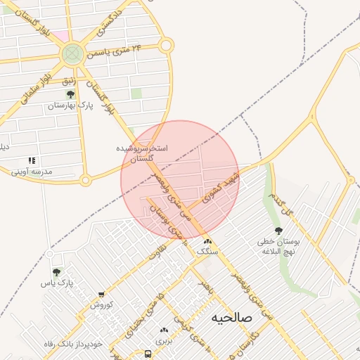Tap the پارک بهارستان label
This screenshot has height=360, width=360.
(x=70, y=106)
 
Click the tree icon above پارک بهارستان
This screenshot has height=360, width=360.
(x=70, y=94)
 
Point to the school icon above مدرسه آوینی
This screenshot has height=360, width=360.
(x=31, y=160)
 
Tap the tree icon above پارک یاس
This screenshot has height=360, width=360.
(x=56, y=271)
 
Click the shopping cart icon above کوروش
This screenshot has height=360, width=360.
(x=101, y=295)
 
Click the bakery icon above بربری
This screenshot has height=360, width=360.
(x=165, y=329)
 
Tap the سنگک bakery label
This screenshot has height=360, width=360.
(x=207, y=251)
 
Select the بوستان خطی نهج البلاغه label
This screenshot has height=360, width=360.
(x=278, y=246)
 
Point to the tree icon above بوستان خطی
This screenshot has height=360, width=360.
(x=278, y=231)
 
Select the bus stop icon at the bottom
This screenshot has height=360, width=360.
(x=148, y=354)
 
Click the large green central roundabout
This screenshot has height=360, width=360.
(x=72, y=53)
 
